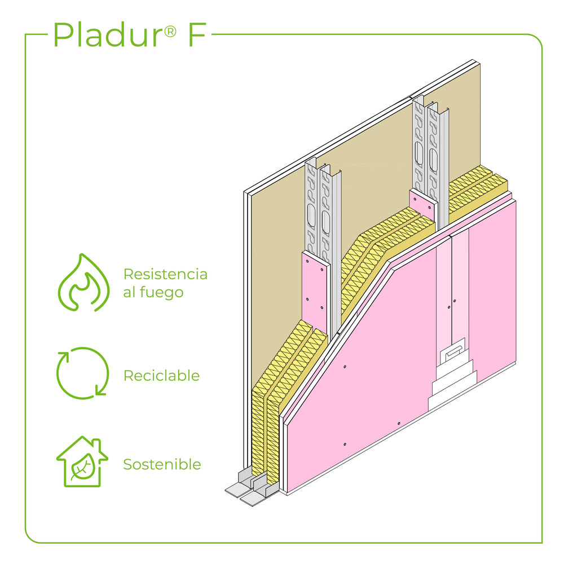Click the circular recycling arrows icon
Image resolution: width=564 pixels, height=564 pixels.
click(83, 373)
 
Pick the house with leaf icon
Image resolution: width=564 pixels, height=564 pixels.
click(82, 461)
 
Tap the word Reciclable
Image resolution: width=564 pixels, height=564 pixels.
click(161, 376)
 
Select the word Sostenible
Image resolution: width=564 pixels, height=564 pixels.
click(162, 465)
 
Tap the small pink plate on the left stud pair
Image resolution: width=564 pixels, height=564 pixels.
click(314, 288)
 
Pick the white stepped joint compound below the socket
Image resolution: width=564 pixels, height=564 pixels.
click(451, 386)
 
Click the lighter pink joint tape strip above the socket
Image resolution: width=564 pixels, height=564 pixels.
click(460, 282)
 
